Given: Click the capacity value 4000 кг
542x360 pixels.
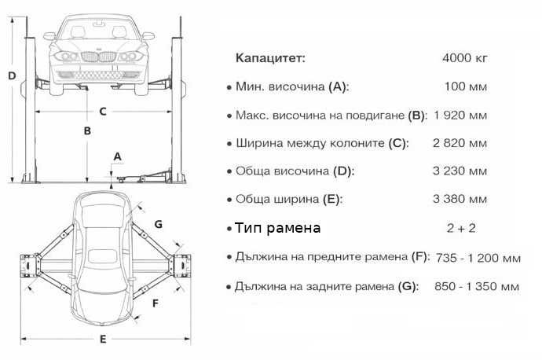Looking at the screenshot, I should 465,58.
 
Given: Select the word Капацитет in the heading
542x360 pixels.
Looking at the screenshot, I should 270,58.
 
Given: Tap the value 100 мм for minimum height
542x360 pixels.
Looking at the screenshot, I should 465,86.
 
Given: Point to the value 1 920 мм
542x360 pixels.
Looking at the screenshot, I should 460,116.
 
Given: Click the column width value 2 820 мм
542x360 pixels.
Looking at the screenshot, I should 460,144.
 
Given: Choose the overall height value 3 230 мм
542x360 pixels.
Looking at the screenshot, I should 460,171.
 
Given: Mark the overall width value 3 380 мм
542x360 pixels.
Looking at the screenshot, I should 460,200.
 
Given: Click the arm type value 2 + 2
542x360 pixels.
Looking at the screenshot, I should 461,228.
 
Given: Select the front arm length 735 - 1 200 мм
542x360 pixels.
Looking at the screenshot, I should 477,257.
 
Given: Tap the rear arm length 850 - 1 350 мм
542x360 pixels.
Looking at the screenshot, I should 477,286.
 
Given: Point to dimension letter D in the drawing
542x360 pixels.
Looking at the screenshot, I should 12,76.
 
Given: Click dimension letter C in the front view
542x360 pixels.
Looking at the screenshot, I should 102,111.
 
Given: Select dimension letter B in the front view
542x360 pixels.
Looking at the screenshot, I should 88,130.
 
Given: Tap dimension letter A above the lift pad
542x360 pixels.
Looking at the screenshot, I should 117,156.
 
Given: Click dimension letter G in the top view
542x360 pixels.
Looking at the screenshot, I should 158,224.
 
